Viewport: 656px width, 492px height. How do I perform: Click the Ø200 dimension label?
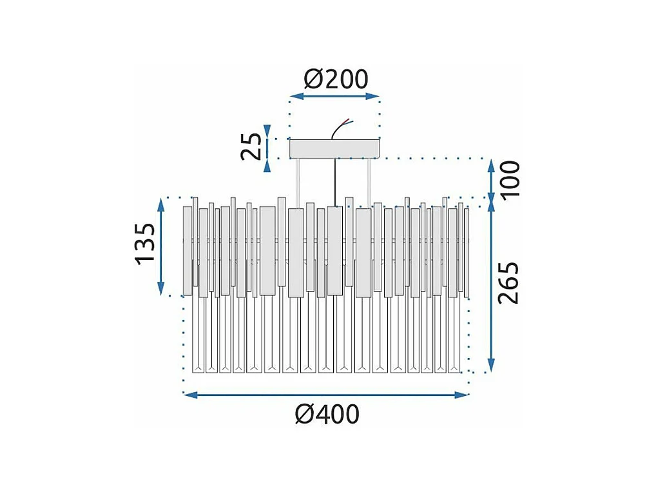pyautogui.click(x=335, y=79)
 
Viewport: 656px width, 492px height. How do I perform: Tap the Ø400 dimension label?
pyautogui.click(x=327, y=415)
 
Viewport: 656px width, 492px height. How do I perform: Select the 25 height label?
pyautogui.click(x=252, y=147)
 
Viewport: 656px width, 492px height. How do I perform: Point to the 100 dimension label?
pyautogui.click(x=510, y=180)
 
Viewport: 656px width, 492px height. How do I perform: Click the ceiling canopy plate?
pyautogui.click(x=334, y=148)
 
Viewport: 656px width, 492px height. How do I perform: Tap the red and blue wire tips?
pyautogui.click(x=348, y=121)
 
